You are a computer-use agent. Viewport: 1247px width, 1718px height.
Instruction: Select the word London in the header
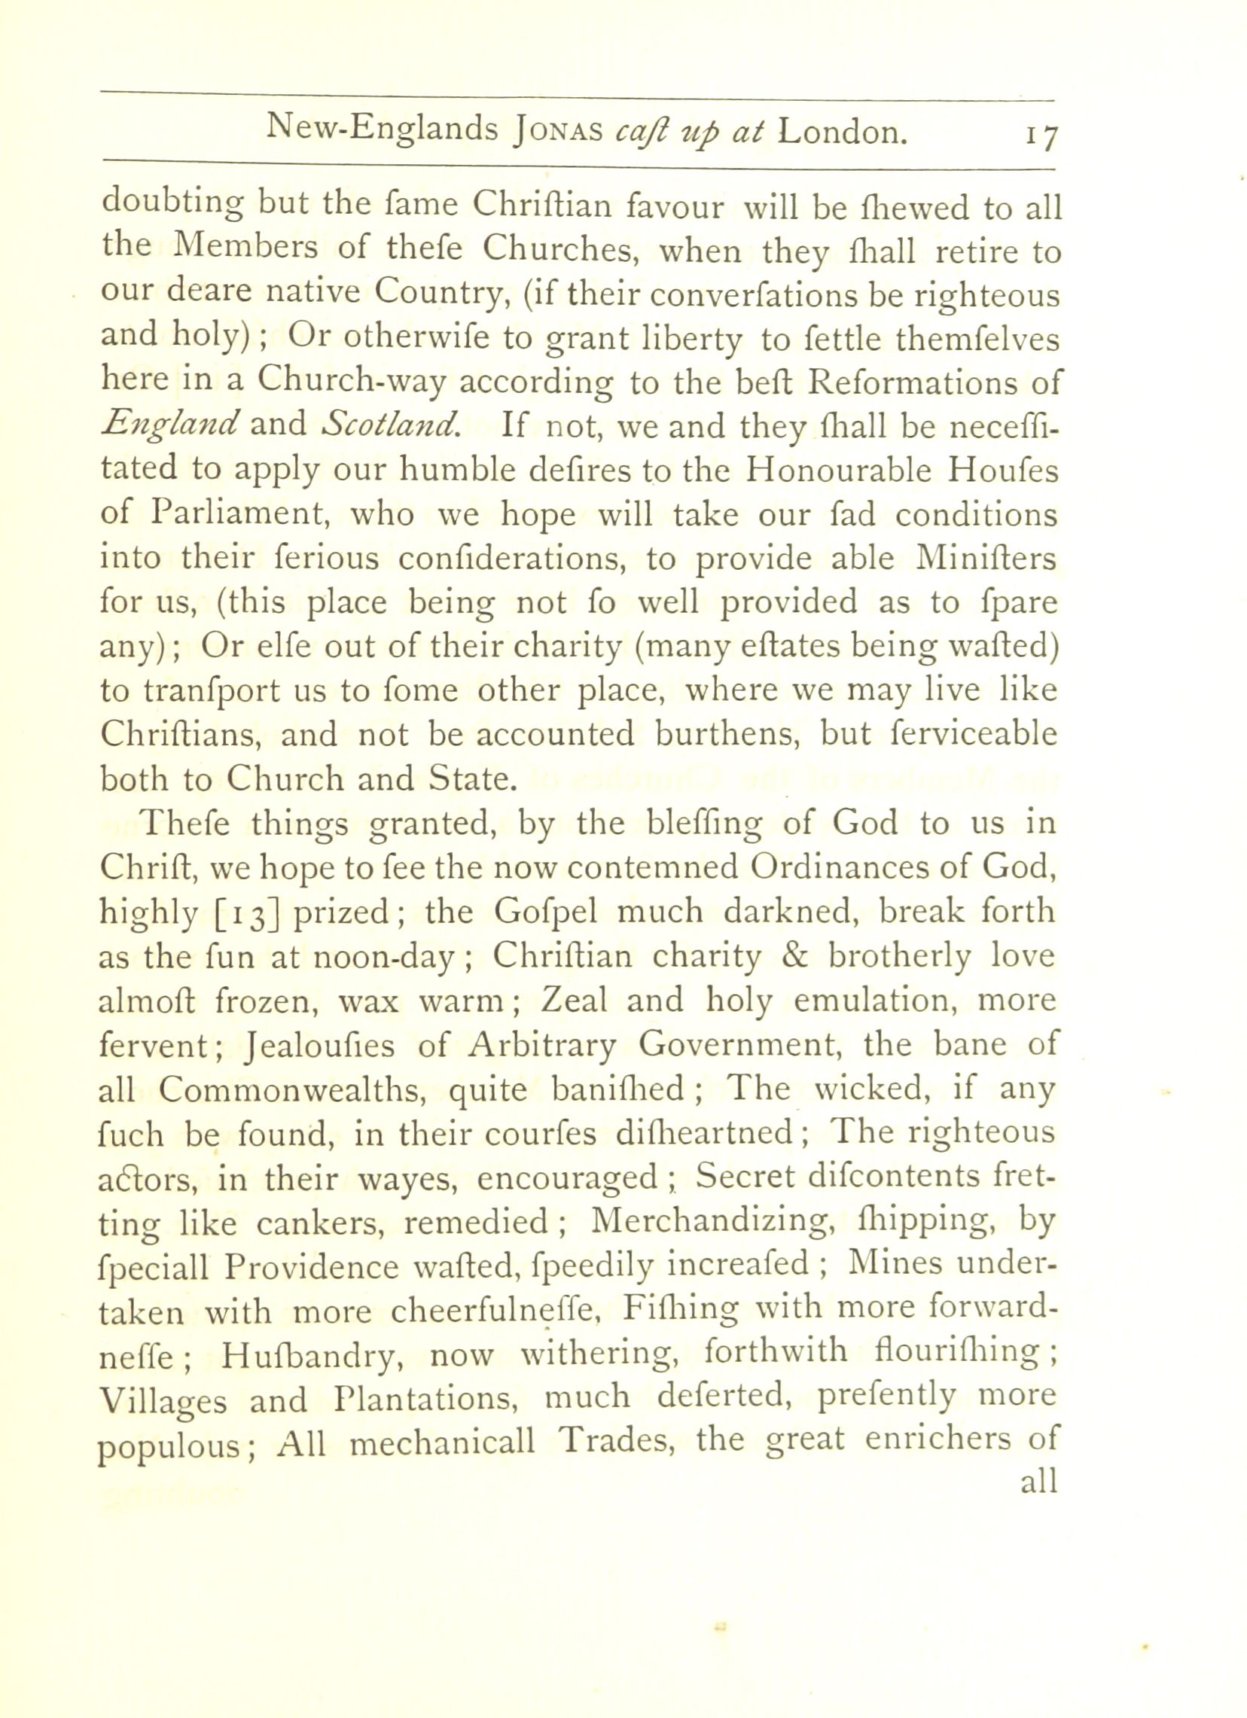click(x=843, y=131)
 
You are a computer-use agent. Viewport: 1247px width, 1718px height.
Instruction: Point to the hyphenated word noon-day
click(x=391, y=958)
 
